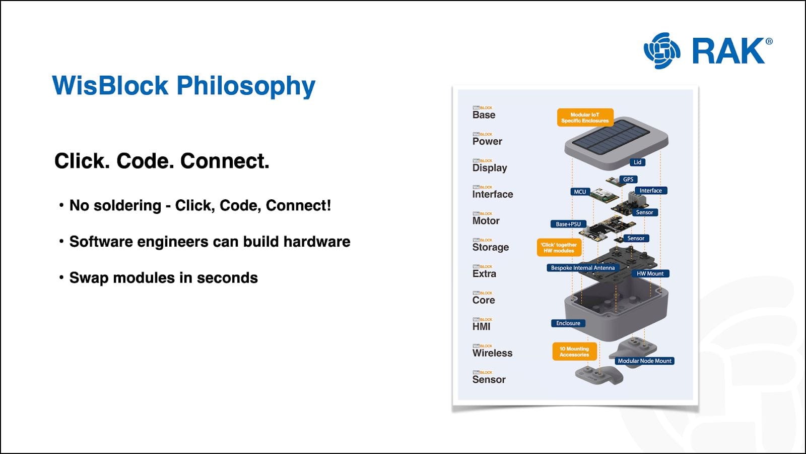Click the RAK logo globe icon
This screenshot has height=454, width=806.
(x=662, y=50)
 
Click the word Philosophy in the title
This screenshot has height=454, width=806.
(x=246, y=86)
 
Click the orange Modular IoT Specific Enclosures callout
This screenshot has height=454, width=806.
(x=585, y=118)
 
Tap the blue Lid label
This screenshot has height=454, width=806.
(x=637, y=162)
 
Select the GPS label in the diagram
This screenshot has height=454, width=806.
(x=628, y=180)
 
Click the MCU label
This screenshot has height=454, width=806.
(x=580, y=192)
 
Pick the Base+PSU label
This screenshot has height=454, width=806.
(x=568, y=224)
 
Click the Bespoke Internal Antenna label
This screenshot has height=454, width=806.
(x=582, y=268)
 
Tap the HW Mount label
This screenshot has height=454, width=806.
(x=650, y=273)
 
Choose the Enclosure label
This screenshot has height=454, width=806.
(x=568, y=323)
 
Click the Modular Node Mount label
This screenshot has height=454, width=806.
(x=644, y=361)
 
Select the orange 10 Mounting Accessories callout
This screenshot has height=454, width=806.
(x=574, y=352)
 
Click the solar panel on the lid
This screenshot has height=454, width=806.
(x=610, y=136)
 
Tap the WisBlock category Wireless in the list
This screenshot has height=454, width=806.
(x=492, y=353)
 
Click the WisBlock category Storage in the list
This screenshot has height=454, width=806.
(x=490, y=247)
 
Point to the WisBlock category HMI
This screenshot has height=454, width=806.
(x=481, y=326)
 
